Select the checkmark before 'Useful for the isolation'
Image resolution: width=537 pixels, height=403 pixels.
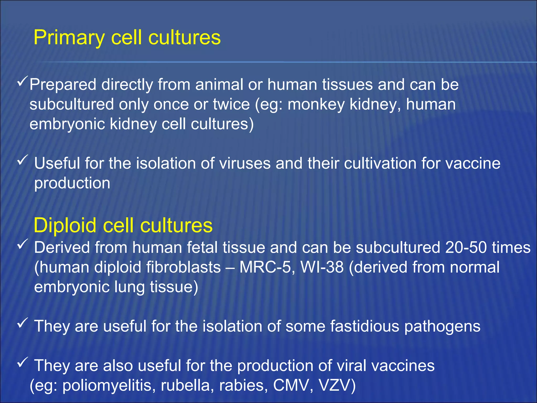pos(23,160)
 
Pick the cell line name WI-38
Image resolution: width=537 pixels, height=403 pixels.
pos(322,267)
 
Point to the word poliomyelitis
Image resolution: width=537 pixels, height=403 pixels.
pos(107,385)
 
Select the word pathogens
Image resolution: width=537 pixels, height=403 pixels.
pos(442,327)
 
